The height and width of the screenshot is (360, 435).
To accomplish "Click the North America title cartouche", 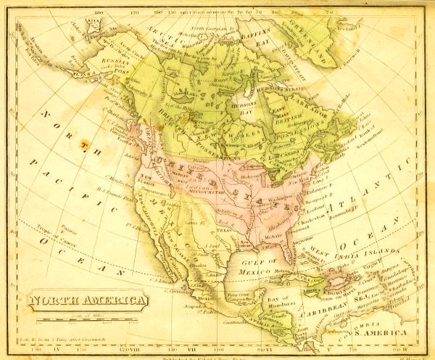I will point(86,300).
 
